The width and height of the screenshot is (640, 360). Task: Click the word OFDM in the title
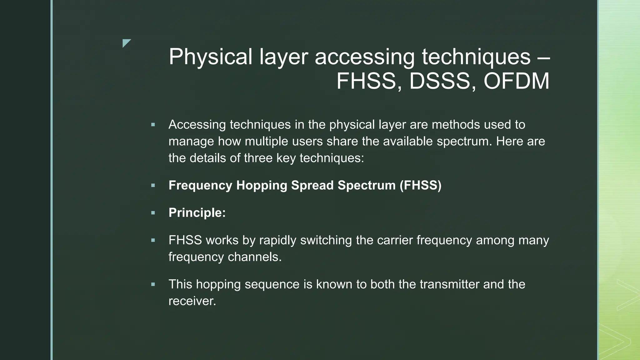tap(516, 81)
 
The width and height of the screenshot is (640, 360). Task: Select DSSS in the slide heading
tap(440, 81)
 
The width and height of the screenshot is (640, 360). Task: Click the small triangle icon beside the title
tap(126, 43)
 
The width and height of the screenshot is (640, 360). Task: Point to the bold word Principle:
tap(197, 213)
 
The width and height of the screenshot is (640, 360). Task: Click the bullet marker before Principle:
tap(153, 213)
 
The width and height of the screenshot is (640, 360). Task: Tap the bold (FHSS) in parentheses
tap(421, 185)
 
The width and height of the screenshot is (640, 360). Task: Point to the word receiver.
tap(192, 301)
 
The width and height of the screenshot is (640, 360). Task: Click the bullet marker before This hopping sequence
tap(153, 284)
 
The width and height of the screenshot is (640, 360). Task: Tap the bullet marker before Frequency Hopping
tap(153, 185)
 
